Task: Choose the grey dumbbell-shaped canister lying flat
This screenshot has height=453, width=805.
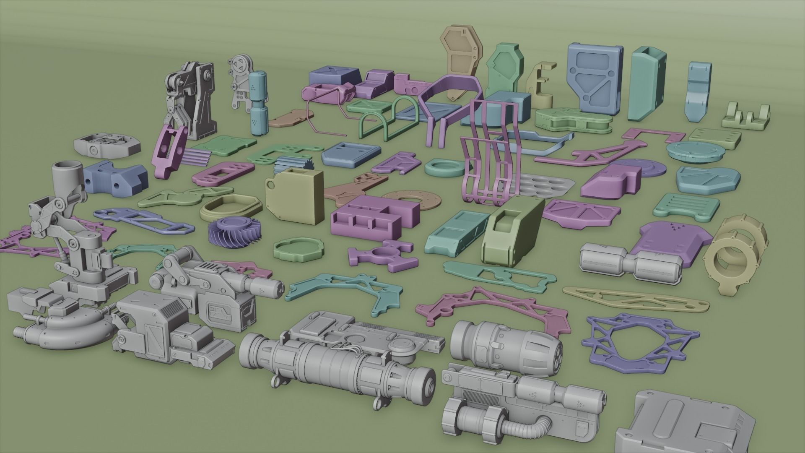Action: coord(629,262)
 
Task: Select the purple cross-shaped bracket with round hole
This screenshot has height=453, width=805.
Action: coord(383,255)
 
